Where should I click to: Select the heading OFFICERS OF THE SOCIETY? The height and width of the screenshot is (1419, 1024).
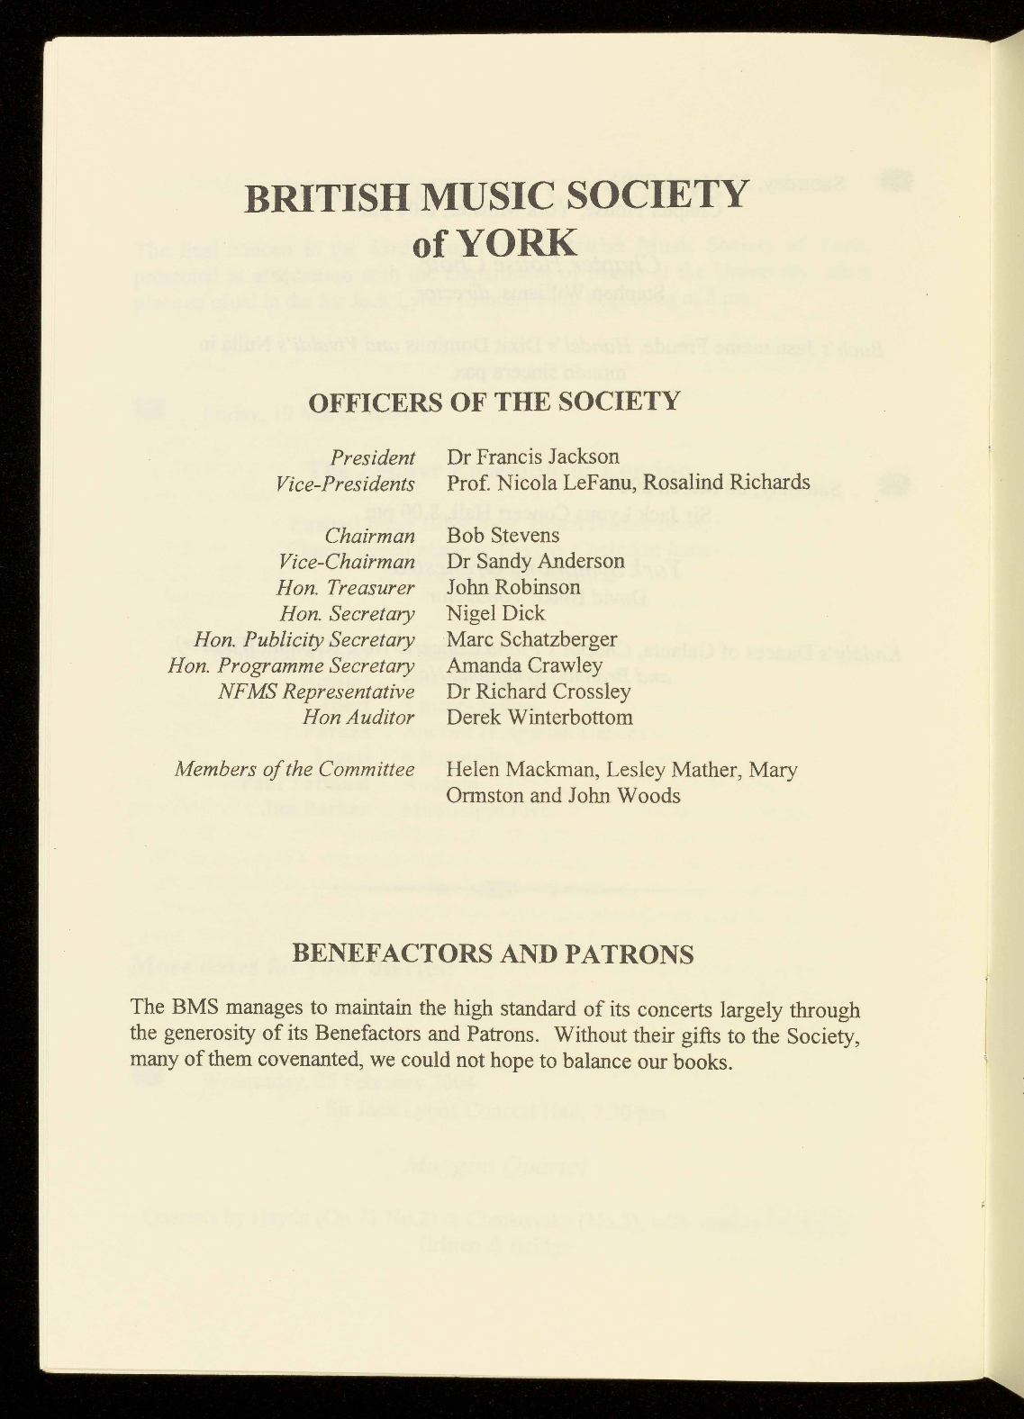(x=494, y=401)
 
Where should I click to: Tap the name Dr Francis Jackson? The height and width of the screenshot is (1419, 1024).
(x=533, y=457)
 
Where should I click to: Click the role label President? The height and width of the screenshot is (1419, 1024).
(x=373, y=457)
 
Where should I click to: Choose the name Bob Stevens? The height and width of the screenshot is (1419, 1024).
(x=503, y=535)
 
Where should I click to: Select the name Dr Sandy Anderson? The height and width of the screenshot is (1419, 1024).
(x=535, y=561)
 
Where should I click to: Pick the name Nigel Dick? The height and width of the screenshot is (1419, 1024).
(x=495, y=613)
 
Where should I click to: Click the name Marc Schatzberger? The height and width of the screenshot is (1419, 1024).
(x=531, y=639)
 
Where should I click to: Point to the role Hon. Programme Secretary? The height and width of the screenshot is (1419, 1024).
(x=291, y=665)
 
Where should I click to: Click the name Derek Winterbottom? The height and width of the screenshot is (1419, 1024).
(x=539, y=718)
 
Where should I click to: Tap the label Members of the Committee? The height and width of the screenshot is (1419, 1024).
(x=295, y=770)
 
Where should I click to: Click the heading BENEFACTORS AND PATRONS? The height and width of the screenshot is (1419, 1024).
(x=494, y=954)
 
